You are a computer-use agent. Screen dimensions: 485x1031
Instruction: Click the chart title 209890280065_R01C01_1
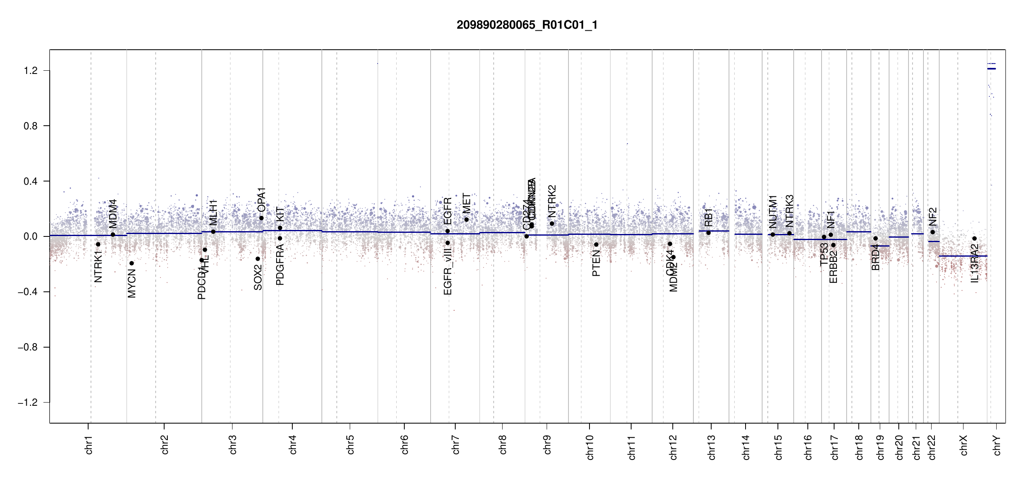[527, 25]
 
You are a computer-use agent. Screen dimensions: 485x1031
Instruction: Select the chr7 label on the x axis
[456, 445]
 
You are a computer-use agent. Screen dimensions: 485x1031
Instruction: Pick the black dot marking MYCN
[131, 263]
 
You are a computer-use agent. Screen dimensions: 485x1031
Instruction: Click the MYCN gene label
[132, 283]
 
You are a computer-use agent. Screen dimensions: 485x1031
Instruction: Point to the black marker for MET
[466, 219]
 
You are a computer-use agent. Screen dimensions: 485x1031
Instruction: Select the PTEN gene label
[596, 263]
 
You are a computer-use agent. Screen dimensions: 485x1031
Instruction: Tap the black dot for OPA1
[262, 218]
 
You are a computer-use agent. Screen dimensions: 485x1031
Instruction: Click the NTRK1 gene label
[98, 267]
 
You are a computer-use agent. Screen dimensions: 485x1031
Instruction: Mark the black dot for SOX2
[258, 259]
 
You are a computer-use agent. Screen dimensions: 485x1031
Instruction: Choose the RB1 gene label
[708, 218]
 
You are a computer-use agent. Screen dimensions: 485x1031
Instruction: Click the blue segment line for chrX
[962, 256]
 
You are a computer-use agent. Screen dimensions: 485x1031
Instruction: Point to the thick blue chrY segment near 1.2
[991, 69]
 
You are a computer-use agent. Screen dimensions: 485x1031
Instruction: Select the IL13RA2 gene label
[975, 263]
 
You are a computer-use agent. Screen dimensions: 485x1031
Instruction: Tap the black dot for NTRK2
[552, 224]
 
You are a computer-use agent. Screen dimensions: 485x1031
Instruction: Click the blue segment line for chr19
[880, 246]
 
